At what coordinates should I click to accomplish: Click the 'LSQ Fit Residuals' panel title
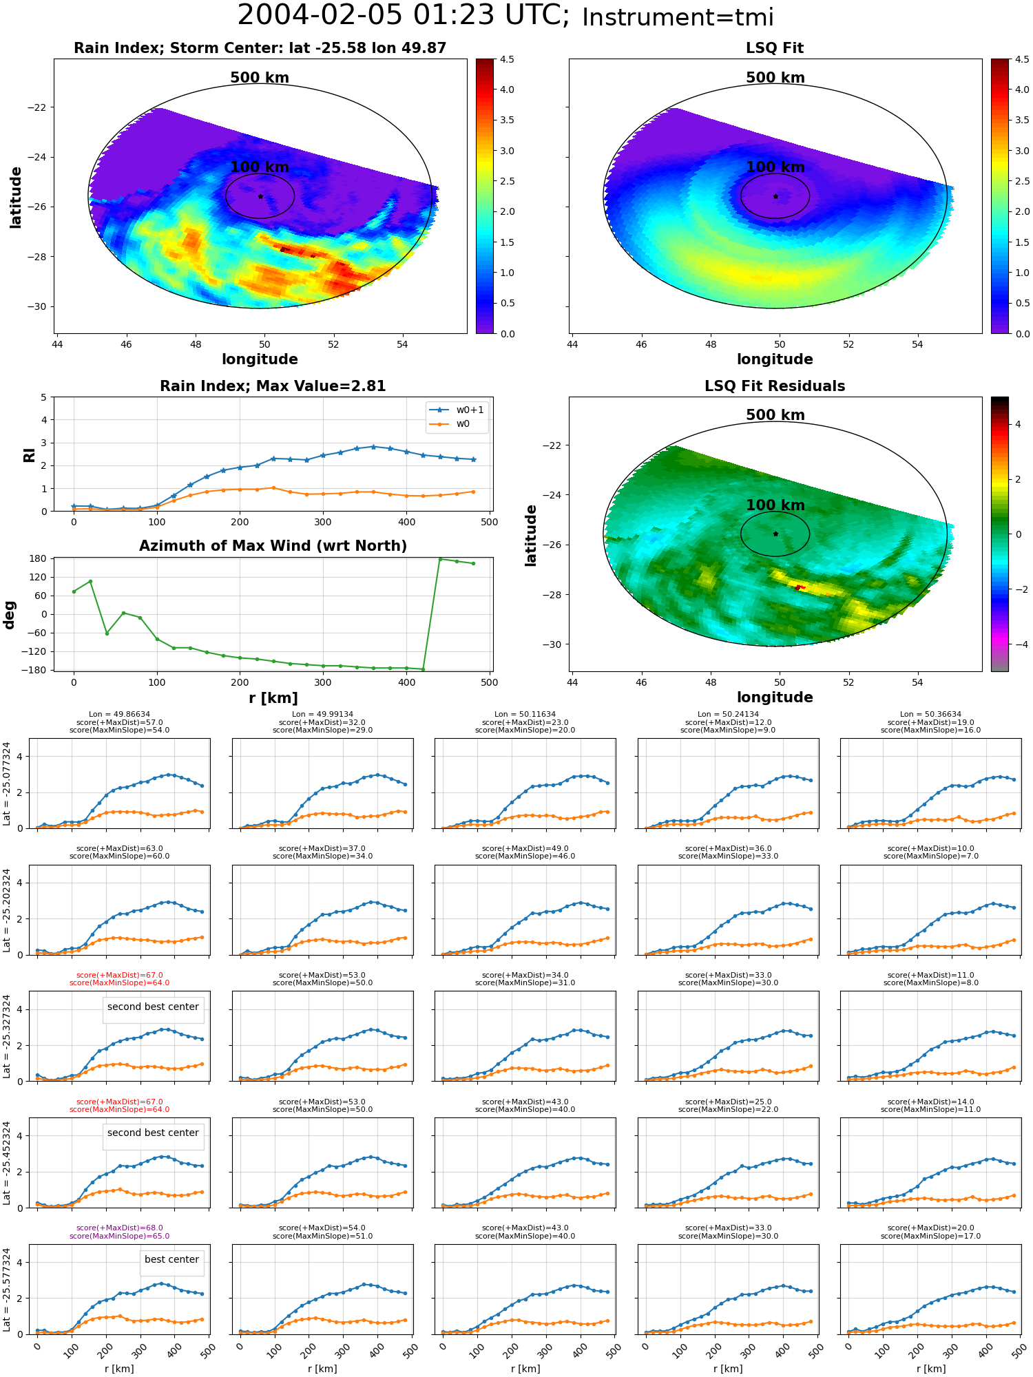(775, 386)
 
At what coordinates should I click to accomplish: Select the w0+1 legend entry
(457, 410)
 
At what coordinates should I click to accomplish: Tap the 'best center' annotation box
(171, 1259)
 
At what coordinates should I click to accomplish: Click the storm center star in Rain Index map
(260, 196)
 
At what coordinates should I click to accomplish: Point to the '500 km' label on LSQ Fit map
(775, 78)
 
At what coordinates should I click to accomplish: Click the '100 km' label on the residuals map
(775, 505)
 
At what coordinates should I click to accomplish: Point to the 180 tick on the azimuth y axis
(39, 558)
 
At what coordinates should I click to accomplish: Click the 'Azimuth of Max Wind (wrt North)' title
(273, 546)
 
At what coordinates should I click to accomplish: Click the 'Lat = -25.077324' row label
(7, 784)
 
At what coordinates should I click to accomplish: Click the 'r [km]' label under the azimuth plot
(273, 698)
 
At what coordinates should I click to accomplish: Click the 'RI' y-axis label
(29, 455)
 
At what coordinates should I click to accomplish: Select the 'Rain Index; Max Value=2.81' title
(273, 386)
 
